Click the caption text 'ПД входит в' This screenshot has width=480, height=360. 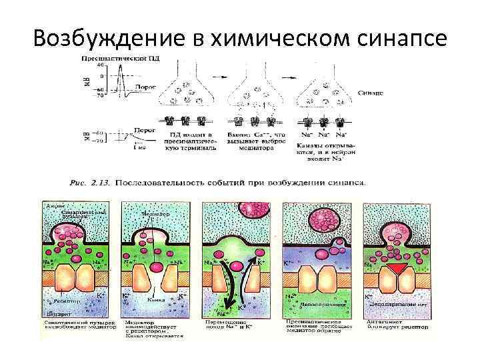(181, 135)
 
